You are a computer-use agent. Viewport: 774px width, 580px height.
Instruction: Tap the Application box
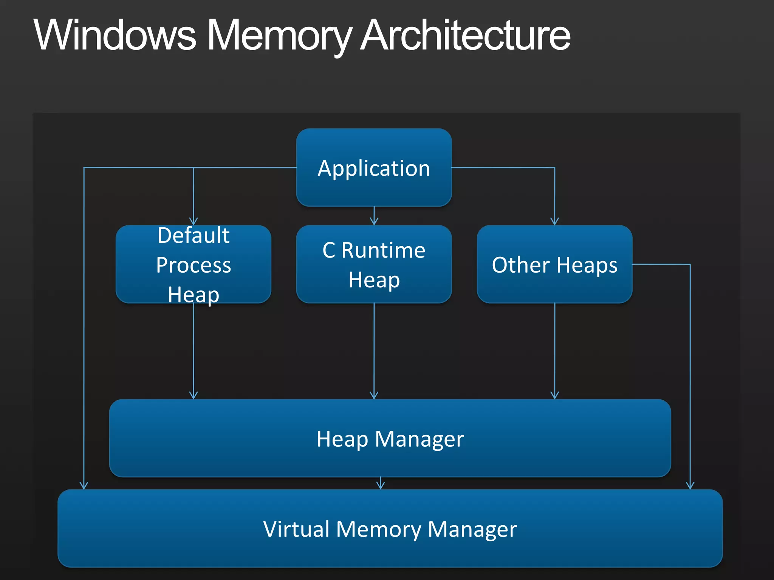click(374, 167)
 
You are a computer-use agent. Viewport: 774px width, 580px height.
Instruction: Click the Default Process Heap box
click(193, 264)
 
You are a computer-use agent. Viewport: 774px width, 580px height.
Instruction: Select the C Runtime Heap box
click(374, 264)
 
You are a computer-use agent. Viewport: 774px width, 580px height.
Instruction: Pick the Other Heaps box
click(554, 264)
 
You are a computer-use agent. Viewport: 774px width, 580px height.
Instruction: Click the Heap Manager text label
click(390, 439)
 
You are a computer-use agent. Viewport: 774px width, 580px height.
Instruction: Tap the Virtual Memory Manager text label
click(390, 529)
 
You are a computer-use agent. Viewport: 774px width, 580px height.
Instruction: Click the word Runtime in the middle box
click(383, 250)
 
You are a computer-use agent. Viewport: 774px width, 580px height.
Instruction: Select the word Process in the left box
click(193, 265)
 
